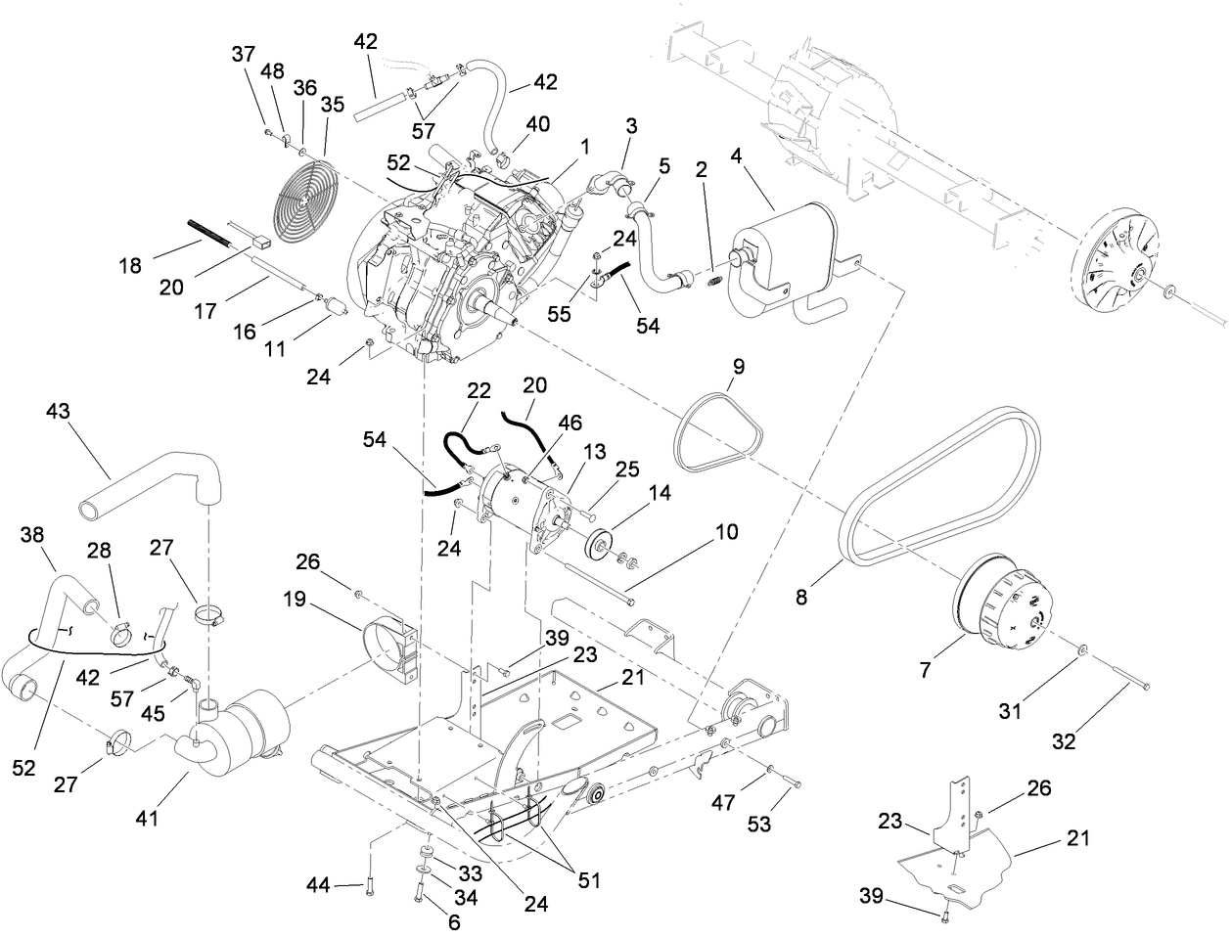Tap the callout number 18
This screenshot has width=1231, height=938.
click(x=131, y=264)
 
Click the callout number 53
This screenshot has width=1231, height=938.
click(x=760, y=825)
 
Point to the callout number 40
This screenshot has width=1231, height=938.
click(x=538, y=124)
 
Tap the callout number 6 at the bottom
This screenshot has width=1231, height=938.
click(x=453, y=920)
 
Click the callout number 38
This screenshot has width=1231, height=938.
click(x=32, y=534)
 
